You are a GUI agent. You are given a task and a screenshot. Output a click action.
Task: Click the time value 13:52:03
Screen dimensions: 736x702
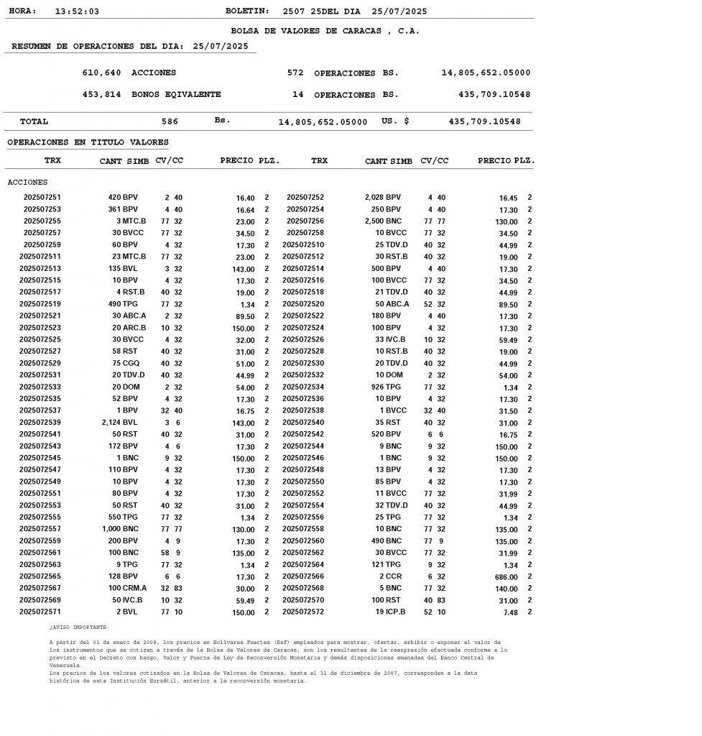click(x=77, y=11)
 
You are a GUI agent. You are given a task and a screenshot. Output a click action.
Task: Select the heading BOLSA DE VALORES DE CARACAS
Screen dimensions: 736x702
click(x=325, y=31)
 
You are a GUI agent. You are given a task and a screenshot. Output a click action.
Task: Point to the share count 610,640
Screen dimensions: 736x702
click(x=102, y=73)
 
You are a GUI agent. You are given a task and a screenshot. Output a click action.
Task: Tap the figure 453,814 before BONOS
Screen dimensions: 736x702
click(x=102, y=94)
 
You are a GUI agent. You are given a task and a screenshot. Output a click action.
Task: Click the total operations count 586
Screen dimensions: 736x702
click(x=170, y=121)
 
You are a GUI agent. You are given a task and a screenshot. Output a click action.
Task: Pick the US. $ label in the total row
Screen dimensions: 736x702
click(x=395, y=121)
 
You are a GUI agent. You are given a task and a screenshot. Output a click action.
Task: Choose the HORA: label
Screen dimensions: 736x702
click(x=22, y=11)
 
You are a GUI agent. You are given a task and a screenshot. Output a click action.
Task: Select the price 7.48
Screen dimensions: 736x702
click(x=509, y=612)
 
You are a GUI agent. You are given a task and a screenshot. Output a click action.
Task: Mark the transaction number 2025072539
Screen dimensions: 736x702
click(x=40, y=422)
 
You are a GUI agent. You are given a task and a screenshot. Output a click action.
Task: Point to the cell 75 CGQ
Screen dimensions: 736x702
click(x=125, y=363)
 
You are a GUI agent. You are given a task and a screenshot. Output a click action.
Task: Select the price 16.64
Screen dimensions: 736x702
click(x=245, y=210)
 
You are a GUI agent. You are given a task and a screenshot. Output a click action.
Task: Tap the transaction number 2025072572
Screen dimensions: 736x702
click(x=303, y=612)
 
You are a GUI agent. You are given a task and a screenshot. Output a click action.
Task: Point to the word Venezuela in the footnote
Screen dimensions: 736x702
click(x=65, y=665)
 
